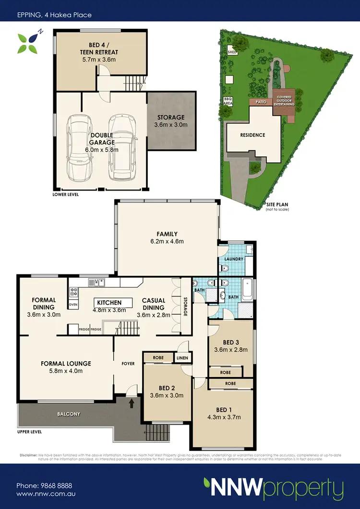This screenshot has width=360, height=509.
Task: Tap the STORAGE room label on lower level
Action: coord(171,118)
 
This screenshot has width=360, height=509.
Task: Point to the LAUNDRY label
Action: coord(234,259)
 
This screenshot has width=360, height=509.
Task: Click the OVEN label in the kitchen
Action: coord(73,304)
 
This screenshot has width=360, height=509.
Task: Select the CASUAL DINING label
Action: coord(154,304)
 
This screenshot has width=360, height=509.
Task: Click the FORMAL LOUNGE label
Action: coord(65,364)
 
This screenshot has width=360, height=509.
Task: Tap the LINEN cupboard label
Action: coord(183,358)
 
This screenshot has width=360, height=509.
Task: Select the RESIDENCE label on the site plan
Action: coord(252,135)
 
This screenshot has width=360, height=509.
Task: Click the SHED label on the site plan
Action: coord(232,52)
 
